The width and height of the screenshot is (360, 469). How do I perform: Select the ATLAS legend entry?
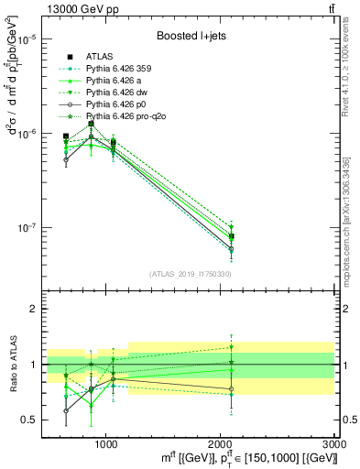[x=100, y=56]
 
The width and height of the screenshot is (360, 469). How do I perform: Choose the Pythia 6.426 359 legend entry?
[x=125, y=68]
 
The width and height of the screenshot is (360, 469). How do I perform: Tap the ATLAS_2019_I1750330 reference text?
[x=191, y=274]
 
